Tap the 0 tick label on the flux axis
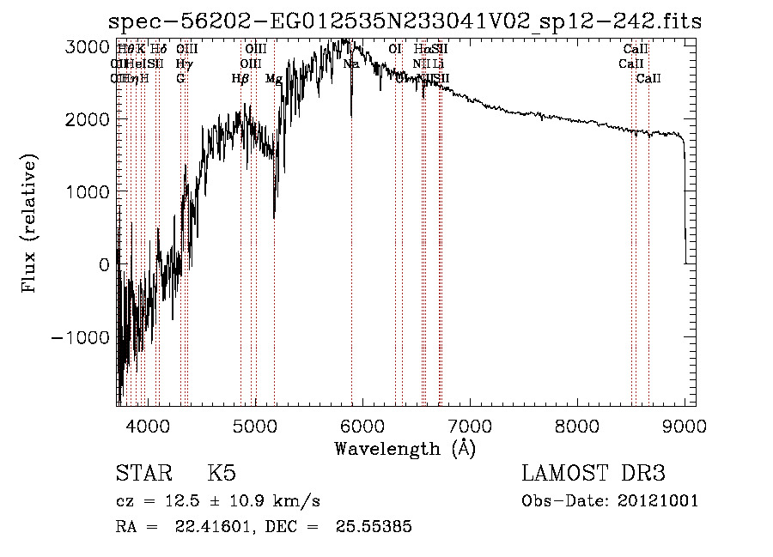coord(104,265)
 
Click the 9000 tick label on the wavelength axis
coord(685,424)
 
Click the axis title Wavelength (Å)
coord(405,448)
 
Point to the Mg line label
coord(273,79)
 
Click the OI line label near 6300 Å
coord(395,50)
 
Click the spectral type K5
coord(221,474)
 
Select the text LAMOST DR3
coord(593,474)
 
